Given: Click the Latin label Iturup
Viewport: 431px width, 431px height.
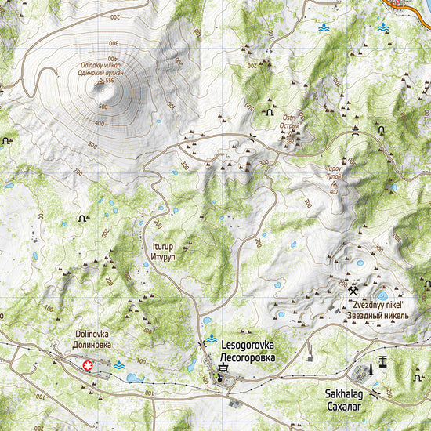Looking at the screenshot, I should (159, 246).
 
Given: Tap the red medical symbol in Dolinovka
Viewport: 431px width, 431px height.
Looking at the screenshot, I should (88, 364).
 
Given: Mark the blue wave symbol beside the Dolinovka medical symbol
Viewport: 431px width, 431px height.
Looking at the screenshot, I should (118, 365).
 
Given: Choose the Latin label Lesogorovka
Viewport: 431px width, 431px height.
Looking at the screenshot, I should (248, 343).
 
